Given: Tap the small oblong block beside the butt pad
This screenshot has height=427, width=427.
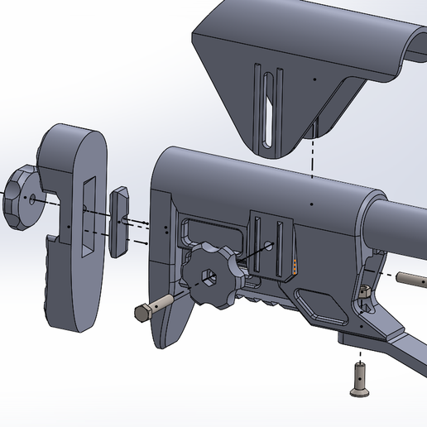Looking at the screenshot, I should coord(118,221).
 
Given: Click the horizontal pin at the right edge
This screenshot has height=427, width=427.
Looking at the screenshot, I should coord(411,278).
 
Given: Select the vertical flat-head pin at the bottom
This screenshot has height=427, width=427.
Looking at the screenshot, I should coord(360,380).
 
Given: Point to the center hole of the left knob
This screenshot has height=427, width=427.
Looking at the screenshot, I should coord(31,199).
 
